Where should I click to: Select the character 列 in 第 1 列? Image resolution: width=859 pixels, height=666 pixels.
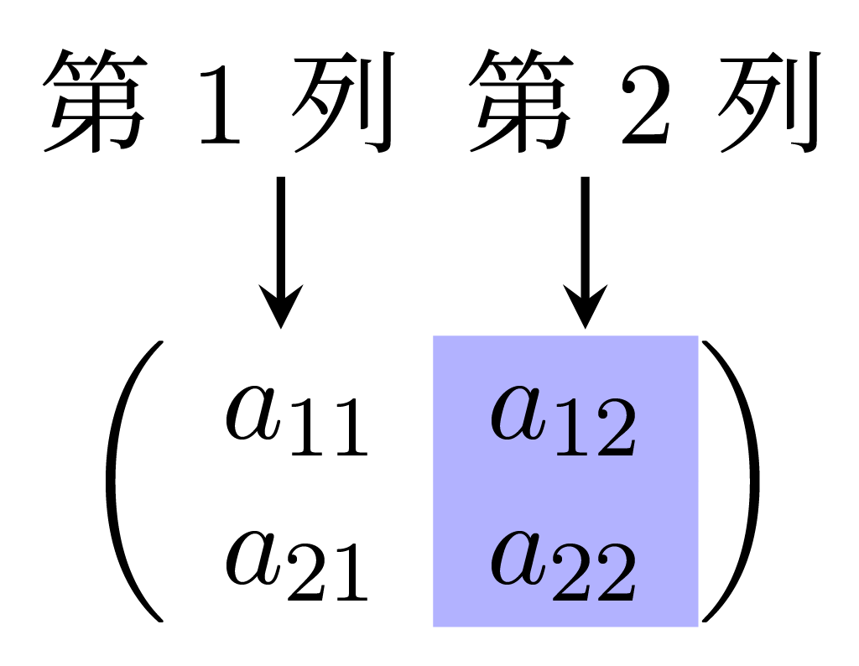tap(343, 102)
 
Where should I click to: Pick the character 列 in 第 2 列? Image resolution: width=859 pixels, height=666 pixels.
tap(767, 102)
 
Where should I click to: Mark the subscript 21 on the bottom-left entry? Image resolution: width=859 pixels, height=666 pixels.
tap(329, 578)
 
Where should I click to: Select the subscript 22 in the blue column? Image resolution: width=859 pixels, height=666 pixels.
tap(595, 578)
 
